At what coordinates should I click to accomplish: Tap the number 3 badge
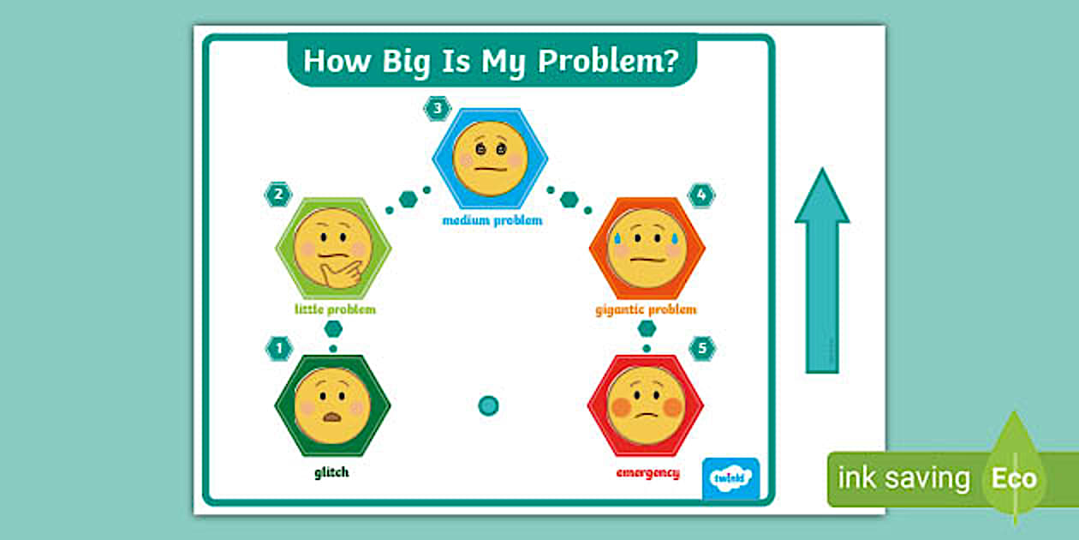point(438,109)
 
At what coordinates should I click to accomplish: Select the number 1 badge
point(278,348)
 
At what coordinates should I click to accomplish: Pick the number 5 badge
point(702,348)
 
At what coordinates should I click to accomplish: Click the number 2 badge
point(277,195)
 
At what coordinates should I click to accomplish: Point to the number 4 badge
point(701,195)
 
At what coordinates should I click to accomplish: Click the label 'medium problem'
point(492,220)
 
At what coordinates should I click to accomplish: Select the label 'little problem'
point(336,309)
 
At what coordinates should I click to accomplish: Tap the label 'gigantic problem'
point(646,309)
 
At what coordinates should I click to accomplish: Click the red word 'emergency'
point(648,472)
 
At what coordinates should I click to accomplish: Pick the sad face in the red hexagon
point(646,405)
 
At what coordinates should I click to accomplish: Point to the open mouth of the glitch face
point(332,417)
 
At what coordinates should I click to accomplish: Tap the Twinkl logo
point(730,478)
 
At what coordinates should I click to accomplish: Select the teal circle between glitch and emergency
point(488,405)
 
